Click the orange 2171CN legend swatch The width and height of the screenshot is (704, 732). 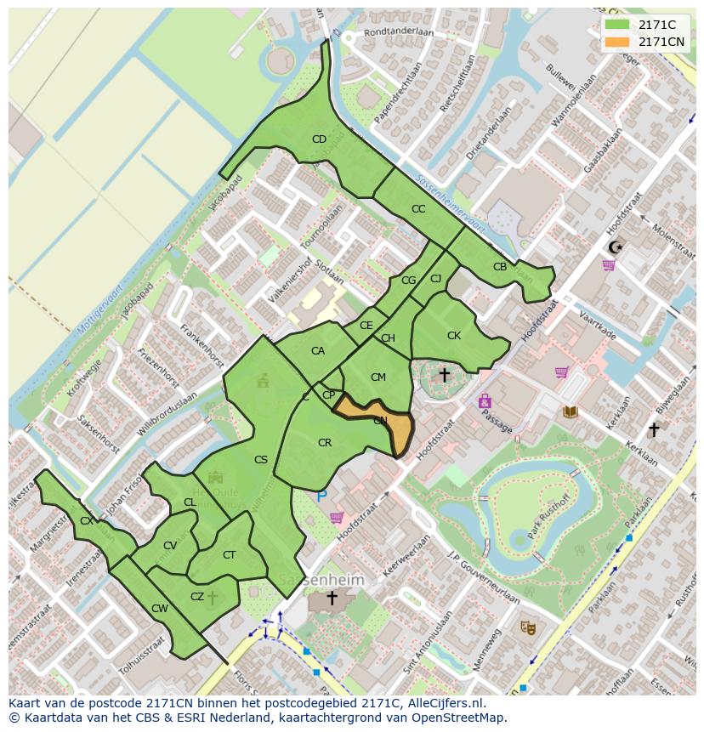coord(618,42)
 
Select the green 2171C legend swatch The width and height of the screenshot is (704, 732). coord(618,25)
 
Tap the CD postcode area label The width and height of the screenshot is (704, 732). coord(319,139)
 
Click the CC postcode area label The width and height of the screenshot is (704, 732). coord(418,209)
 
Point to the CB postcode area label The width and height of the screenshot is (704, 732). coord(500,267)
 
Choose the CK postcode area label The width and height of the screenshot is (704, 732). coord(454,336)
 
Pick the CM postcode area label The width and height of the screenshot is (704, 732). coord(378,377)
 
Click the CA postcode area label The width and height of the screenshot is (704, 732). coord(318,351)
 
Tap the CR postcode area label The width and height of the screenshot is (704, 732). coord(325,443)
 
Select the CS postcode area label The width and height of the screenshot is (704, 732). coord(261,460)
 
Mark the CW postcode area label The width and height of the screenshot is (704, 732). coord(159,608)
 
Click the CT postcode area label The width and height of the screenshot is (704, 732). coord(229,555)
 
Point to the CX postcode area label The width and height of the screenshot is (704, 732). coord(87,521)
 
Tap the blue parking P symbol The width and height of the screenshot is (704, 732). coord(321,495)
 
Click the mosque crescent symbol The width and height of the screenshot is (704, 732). coord(614,247)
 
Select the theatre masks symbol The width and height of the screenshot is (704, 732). coord(528,627)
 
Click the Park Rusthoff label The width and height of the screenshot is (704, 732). coord(548,516)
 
